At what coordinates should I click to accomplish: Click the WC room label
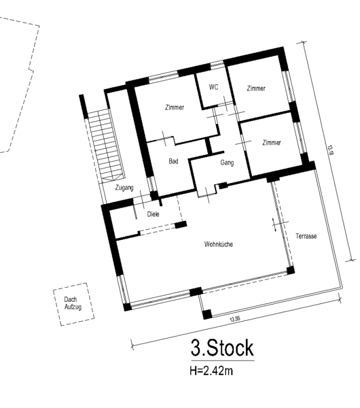[214, 87]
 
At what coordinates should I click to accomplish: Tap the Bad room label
[173, 161]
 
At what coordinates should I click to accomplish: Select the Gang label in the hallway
[227, 163]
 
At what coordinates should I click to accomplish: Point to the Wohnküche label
[218, 244]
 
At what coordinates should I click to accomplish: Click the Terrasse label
[306, 236]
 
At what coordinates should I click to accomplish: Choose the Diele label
[153, 214]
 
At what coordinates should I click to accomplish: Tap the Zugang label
[124, 188]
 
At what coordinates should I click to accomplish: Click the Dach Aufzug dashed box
[73, 304]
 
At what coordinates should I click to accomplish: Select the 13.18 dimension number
[330, 150]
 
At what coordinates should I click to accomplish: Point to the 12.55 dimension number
[235, 319]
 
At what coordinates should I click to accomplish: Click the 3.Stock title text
[222, 348]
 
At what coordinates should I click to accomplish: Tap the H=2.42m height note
[211, 371]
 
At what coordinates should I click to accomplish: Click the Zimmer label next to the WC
[256, 88]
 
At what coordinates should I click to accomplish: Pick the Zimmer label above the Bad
[174, 107]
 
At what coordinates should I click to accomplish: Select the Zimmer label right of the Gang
[272, 143]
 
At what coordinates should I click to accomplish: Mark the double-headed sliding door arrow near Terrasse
[274, 224]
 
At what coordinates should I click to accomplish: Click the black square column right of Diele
[181, 224]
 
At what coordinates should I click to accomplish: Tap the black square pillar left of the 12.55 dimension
[208, 315]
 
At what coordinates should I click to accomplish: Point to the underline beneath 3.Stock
[223, 361]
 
